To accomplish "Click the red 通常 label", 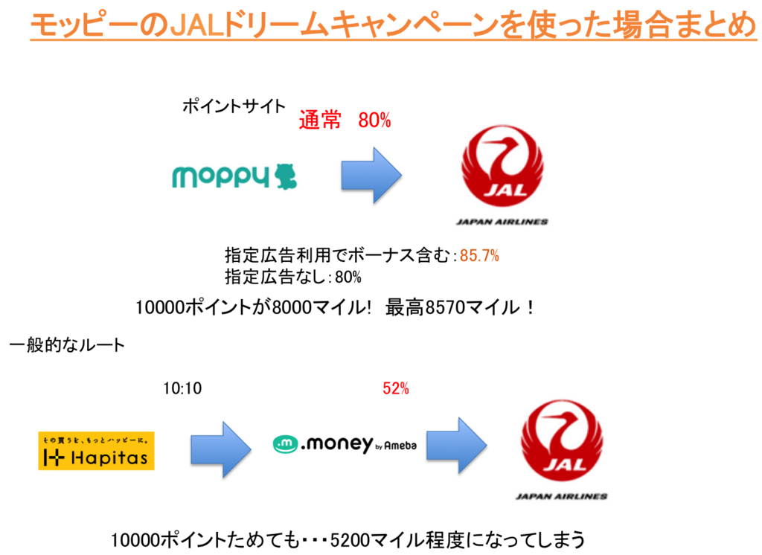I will click(x=319, y=120).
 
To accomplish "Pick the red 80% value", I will click(x=374, y=120).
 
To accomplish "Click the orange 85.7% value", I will click(x=479, y=256).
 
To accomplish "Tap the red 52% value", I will click(x=395, y=388).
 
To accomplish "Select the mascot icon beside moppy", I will click(x=286, y=177).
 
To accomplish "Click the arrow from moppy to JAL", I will click(x=371, y=175).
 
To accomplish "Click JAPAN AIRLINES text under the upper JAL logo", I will click(x=502, y=222).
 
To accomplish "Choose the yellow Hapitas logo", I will click(x=96, y=451).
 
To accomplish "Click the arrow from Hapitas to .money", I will click(x=220, y=449).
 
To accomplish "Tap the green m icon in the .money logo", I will click(x=284, y=445).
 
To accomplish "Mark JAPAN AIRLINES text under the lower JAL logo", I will click(x=561, y=496).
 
